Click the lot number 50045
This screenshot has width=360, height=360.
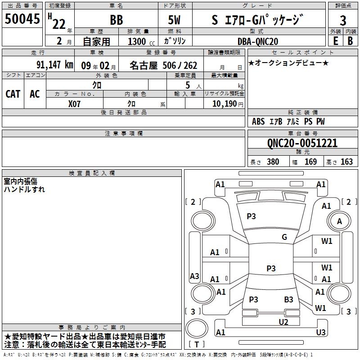tap(22, 19)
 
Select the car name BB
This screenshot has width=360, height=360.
tap(116, 20)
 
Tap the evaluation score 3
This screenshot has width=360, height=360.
tap(343, 20)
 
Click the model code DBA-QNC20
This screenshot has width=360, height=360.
tap(258, 41)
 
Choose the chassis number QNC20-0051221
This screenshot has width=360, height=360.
tap(302, 143)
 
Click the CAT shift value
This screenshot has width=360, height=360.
tap(13, 94)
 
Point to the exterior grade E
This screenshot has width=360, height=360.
tap(335, 41)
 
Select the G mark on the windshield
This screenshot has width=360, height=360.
tap(284, 237)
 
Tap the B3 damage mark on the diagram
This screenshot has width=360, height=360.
tap(288, 299)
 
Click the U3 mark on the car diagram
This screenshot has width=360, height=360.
tap(320, 332)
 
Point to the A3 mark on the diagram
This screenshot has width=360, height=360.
tap(194, 276)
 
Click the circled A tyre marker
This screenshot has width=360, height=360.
tap(339, 221)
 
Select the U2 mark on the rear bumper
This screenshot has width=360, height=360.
tap(283, 321)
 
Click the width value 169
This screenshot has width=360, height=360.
tap(311, 162)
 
